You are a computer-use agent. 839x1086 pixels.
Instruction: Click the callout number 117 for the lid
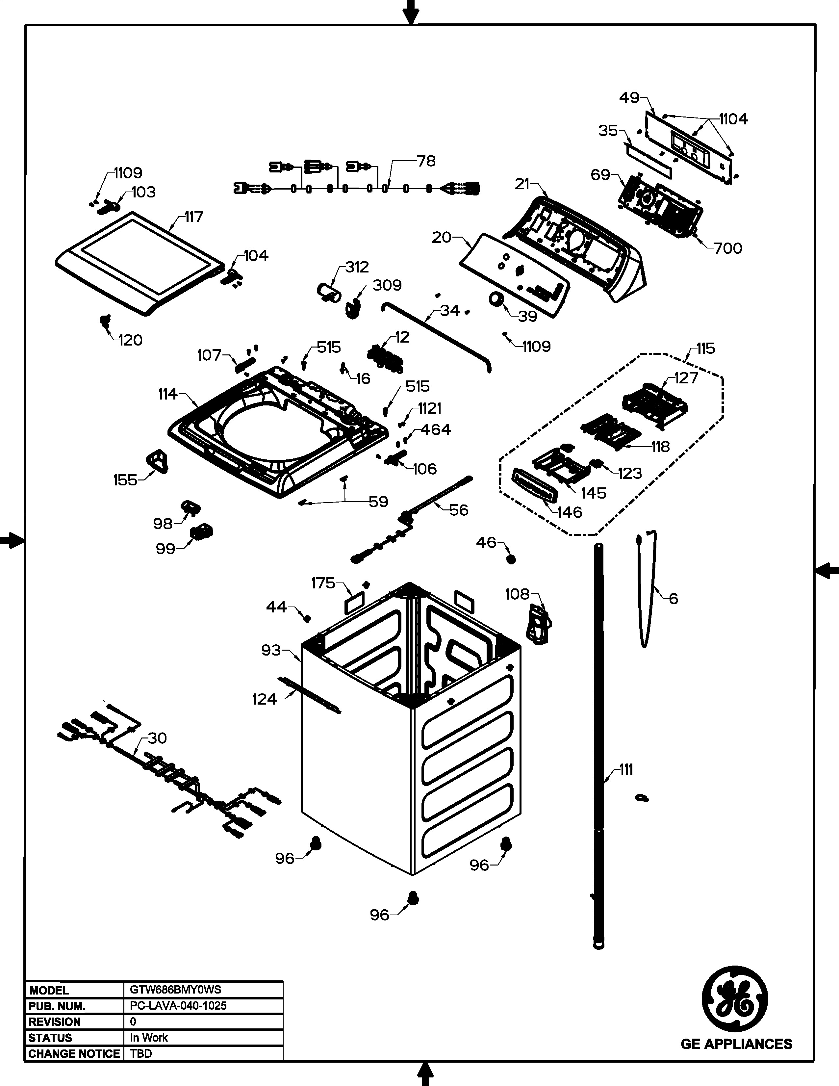pos(194,217)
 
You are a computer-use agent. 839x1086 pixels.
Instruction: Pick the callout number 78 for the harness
pos(426,161)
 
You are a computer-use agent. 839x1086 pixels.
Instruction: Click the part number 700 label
pos(728,248)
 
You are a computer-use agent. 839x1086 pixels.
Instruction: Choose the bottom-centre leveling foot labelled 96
pos(413,898)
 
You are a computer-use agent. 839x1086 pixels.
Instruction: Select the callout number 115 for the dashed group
pos(705,349)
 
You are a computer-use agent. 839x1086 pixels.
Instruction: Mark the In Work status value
pos(149,1038)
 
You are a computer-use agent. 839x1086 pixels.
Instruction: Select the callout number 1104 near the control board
pos(733,120)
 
